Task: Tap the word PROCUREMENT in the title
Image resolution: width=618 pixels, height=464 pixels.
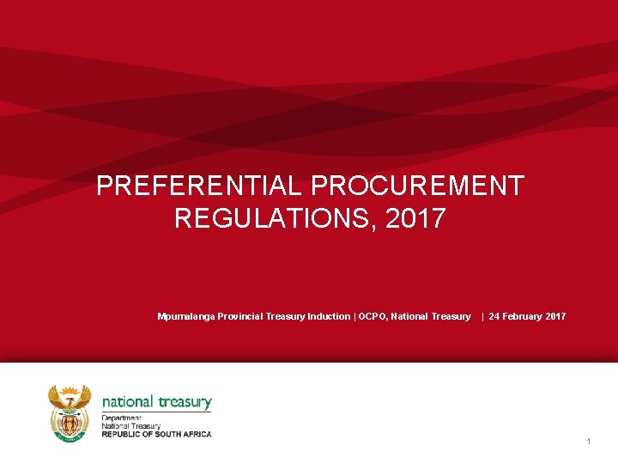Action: tap(417, 186)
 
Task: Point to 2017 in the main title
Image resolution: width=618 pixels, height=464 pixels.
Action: tap(416, 218)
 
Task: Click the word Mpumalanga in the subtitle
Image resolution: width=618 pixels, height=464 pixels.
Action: tap(186, 317)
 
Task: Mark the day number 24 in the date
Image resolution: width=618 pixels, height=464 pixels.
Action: tap(494, 317)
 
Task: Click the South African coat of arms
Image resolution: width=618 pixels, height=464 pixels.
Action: tap(70, 413)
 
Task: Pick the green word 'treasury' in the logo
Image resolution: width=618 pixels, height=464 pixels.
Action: tap(185, 401)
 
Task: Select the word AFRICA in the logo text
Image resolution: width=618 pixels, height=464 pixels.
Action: tap(195, 434)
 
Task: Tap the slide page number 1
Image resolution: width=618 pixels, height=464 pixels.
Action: tap(589, 442)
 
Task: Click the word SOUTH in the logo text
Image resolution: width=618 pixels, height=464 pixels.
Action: tap(167, 434)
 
